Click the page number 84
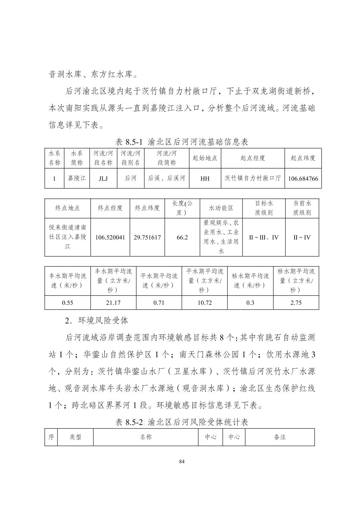(x=182, y=462)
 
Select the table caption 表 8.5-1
(x=182, y=142)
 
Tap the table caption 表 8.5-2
(x=182, y=422)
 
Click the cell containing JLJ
(x=103, y=178)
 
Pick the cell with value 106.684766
(x=303, y=178)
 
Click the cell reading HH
(x=205, y=178)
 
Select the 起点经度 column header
(x=253, y=158)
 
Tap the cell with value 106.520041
(x=110, y=237)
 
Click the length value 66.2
(x=182, y=237)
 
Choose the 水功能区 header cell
(x=221, y=208)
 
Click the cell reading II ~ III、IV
(x=264, y=237)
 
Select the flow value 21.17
(x=113, y=303)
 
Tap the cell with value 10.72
(x=204, y=303)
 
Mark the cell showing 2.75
(x=296, y=303)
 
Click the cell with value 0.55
(x=68, y=303)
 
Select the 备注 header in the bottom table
(x=280, y=437)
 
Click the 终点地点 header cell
(x=68, y=208)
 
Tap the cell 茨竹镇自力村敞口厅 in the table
(x=253, y=178)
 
